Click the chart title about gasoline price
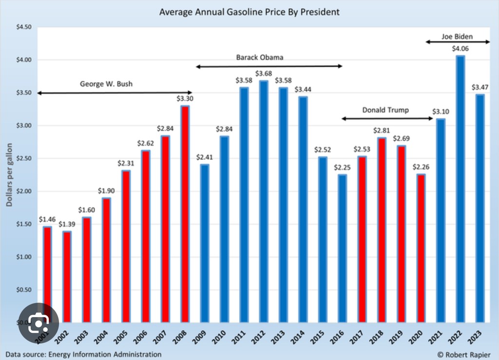click(249, 11)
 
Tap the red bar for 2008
click(185, 214)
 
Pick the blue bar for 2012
click(264, 202)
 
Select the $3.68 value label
click(264, 74)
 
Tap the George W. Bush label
click(106, 84)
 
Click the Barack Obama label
click(260, 57)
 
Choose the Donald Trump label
click(385, 110)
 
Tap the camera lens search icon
click(38, 322)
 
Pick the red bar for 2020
click(421, 248)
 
